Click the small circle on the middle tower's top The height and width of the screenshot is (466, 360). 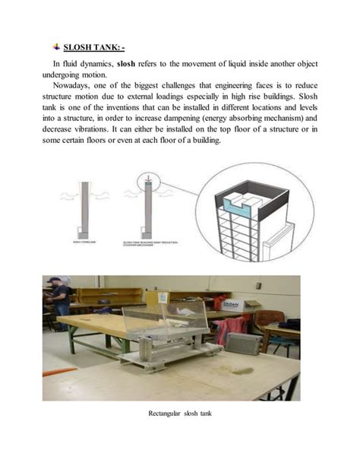click(148, 185)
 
